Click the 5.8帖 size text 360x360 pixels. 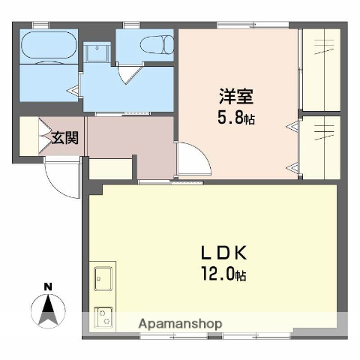tap(235, 118)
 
